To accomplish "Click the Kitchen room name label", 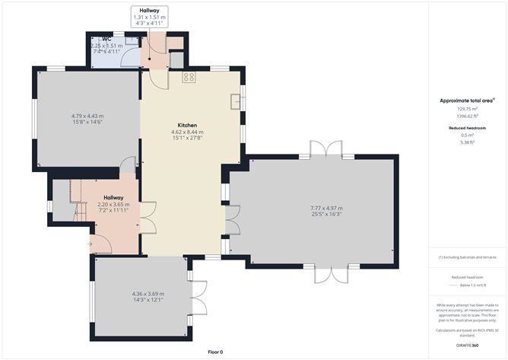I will tap(187, 125).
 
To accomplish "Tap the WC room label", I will tap(97, 39).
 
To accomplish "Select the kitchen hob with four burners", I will tap(189, 77).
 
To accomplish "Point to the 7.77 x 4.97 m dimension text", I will tap(325, 209).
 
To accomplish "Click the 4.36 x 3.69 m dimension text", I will tap(148, 294).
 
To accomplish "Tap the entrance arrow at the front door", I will tap(91, 244).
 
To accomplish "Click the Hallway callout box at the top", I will tap(149, 17).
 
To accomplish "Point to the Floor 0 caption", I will tap(215, 352).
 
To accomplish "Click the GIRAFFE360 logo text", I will tap(467, 344).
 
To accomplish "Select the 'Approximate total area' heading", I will tap(467, 100).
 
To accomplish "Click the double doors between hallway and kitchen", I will tap(150, 218).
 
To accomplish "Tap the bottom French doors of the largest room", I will tap(333, 275).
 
